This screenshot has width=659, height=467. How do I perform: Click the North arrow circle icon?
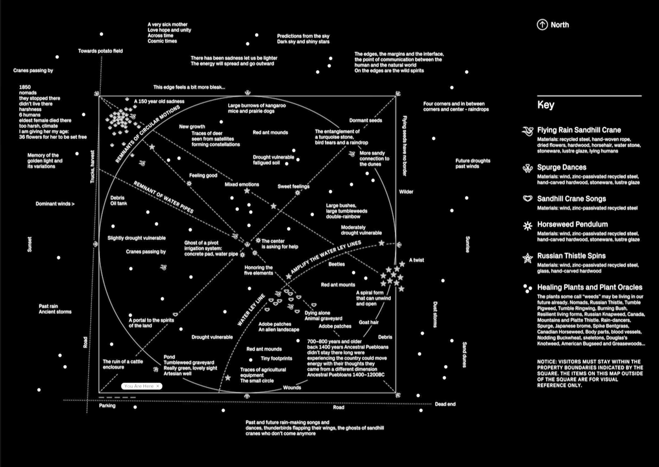point(542,25)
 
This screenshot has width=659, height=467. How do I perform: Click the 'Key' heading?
point(546,105)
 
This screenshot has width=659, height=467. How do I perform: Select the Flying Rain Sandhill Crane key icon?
point(528,131)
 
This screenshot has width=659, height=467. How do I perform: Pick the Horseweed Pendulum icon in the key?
point(528,226)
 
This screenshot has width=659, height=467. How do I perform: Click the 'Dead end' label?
point(445,404)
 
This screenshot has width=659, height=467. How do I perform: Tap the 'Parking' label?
point(107,405)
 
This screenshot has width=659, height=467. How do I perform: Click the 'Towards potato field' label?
point(100,51)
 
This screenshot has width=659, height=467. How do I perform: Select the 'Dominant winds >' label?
point(55,204)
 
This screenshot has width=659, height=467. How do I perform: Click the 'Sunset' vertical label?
point(30,244)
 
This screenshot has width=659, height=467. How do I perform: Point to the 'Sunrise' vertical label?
point(468,244)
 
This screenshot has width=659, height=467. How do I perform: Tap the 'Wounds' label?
point(292,388)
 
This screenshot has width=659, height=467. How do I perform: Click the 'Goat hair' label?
point(368,322)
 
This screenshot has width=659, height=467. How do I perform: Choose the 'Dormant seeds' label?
point(365,121)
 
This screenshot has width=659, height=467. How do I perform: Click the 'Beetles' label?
point(337,264)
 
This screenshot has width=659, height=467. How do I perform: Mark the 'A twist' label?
point(417,260)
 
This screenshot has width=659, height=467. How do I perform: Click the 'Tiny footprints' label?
point(277,358)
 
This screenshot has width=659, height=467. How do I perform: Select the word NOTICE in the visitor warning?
point(546,362)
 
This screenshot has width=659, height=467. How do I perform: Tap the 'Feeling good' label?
point(203,176)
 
